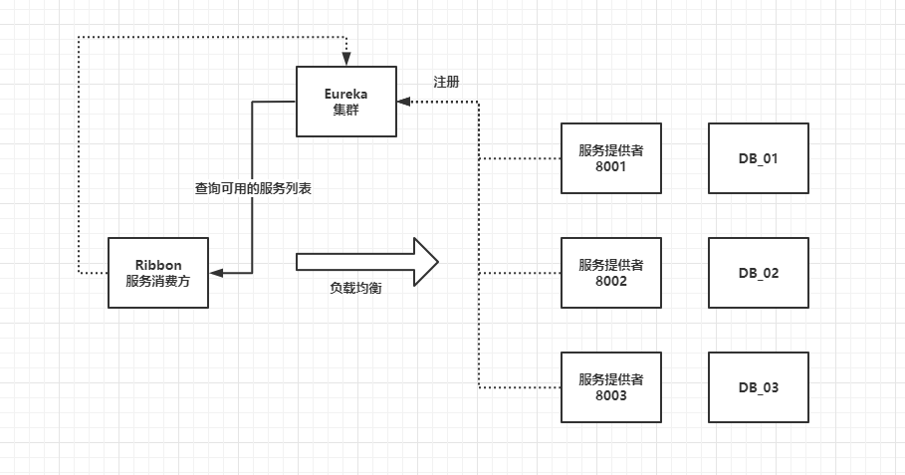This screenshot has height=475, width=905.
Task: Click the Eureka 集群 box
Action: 346,101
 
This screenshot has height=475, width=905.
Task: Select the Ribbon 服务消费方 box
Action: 158,273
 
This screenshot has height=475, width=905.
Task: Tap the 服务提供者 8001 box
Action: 610,158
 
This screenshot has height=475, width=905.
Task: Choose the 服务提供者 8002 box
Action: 610,273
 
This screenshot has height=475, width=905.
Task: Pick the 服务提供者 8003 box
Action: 610,387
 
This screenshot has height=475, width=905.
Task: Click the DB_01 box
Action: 758,158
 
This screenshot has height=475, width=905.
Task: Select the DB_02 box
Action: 758,273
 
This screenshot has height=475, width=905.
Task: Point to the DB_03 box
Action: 758,387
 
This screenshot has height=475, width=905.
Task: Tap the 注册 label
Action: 446,82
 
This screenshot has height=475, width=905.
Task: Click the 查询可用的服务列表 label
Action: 253,187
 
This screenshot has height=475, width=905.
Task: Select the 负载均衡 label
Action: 355,287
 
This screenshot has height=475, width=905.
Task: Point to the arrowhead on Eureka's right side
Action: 403,101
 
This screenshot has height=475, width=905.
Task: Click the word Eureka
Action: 346,93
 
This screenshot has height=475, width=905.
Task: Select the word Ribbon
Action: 158,265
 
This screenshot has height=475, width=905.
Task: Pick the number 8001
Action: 610,166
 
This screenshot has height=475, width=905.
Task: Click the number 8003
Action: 610,395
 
